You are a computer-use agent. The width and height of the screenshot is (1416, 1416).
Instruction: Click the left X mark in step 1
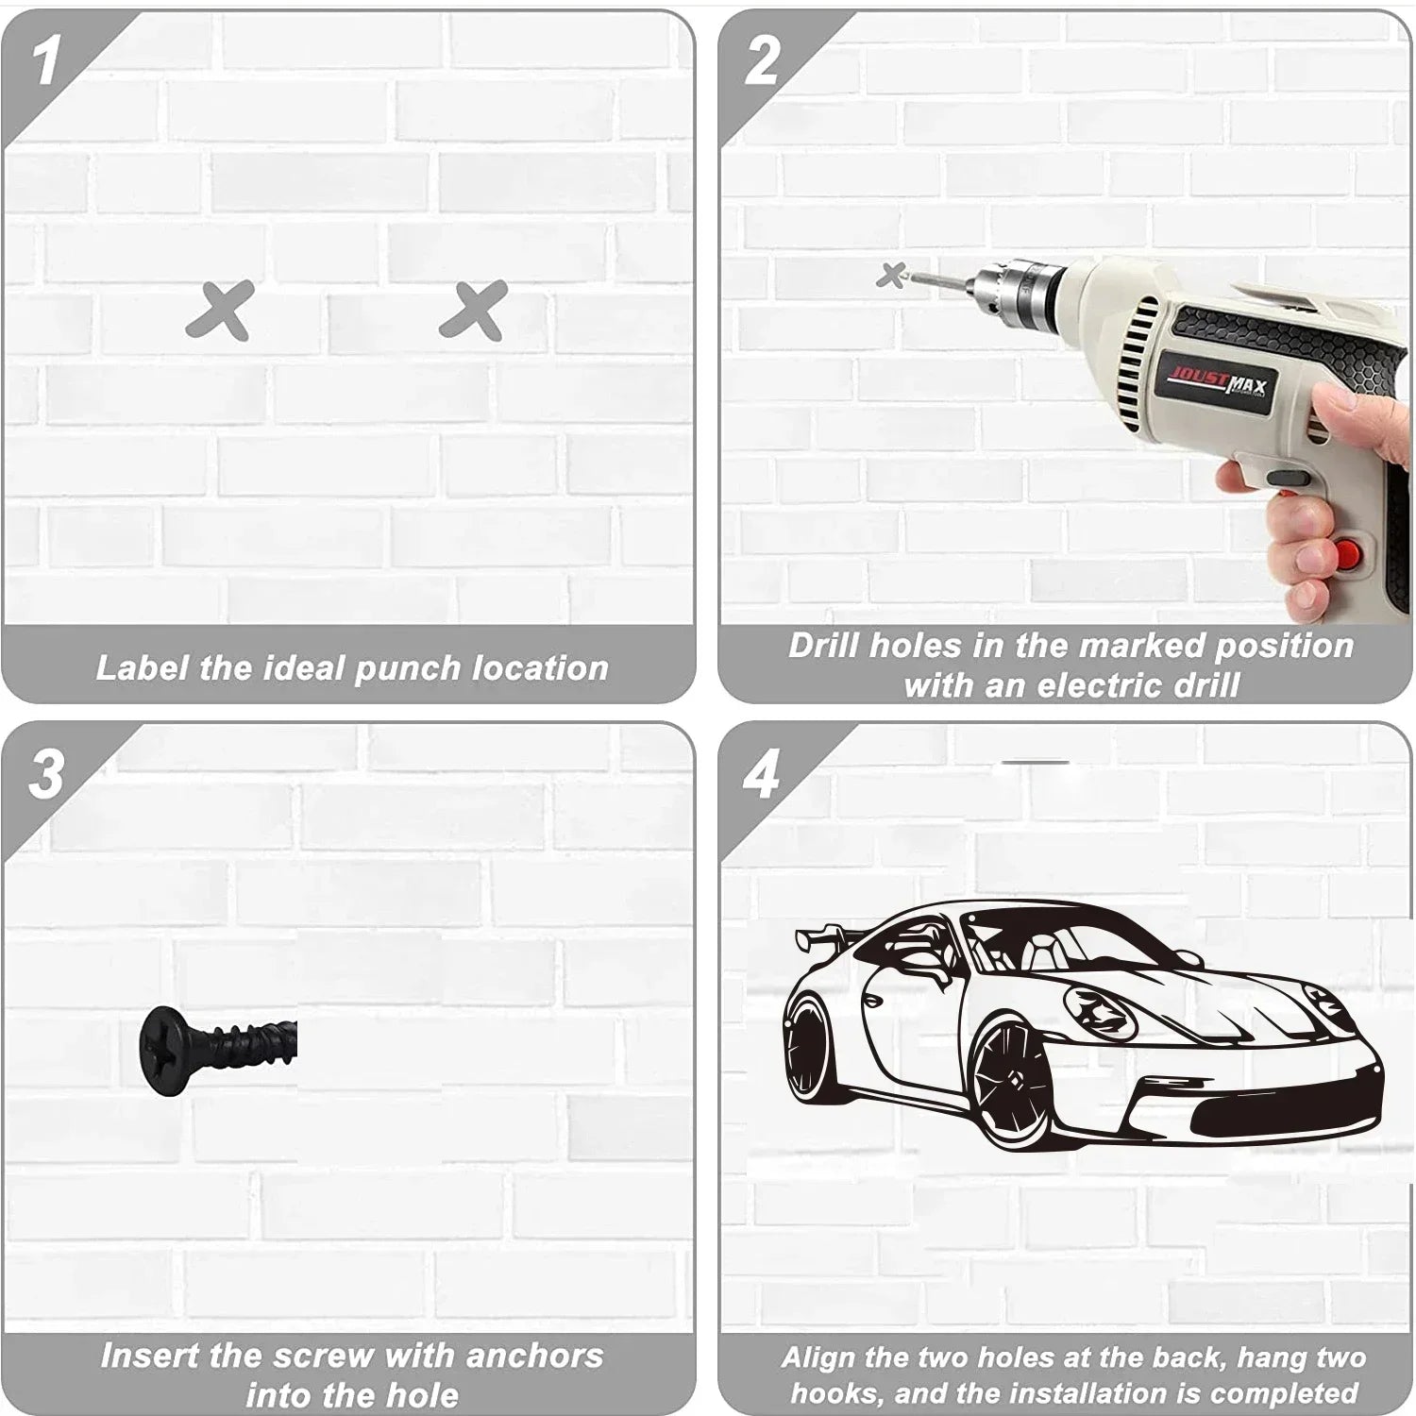(221, 310)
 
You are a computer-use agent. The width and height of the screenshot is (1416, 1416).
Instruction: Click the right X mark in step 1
(474, 310)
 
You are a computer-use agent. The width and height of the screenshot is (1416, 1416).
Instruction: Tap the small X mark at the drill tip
(890, 276)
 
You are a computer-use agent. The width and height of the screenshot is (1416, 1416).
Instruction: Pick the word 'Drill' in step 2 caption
(824, 646)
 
